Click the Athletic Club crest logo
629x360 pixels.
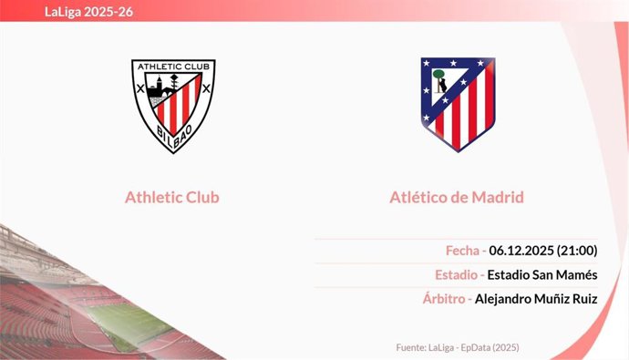coord(173,105)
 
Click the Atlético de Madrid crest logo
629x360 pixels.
coord(457,104)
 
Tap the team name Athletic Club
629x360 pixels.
coord(172,197)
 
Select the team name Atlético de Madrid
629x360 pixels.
coord(456,197)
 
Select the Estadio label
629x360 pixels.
coord(457,274)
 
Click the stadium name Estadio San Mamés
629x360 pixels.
coord(542,274)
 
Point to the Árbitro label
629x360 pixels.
coord(445,298)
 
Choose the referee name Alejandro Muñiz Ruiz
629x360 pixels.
coord(536,298)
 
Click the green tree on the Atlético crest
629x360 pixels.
coord(438,75)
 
